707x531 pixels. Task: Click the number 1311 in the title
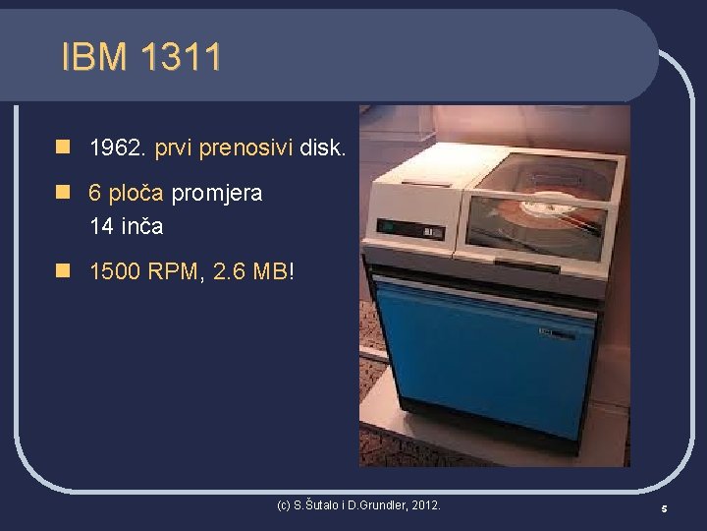coord(181,57)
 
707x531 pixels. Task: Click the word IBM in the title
coord(93,57)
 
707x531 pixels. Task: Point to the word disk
coord(322,148)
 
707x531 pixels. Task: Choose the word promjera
coord(217,193)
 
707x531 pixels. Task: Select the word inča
coord(141,226)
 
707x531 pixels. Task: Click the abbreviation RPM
coord(176,270)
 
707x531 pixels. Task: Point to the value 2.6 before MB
coord(229,270)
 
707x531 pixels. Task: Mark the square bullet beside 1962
coord(62,148)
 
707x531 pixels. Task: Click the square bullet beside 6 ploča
coord(62,193)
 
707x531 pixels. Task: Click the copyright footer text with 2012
coord(358,505)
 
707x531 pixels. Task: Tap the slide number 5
coord(664,508)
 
